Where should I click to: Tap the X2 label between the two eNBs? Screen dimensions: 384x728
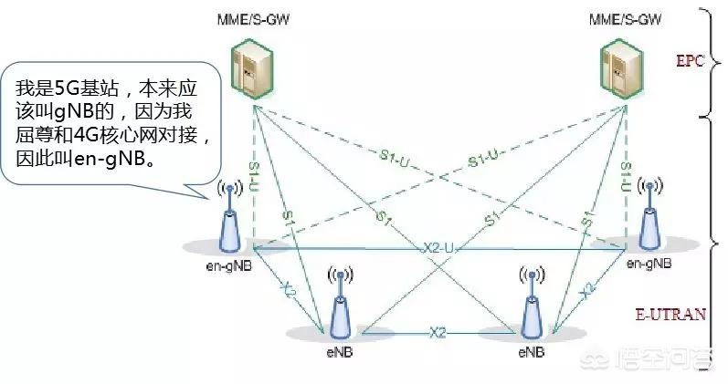coord(437,332)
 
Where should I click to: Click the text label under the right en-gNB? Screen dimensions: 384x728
coord(650,264)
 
